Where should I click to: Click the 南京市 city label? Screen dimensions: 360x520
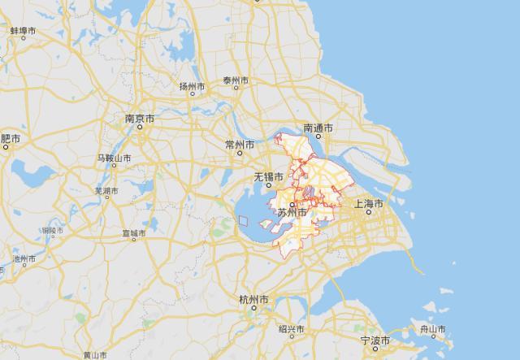click(x=140, y=119)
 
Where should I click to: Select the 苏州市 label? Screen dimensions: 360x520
click(x=292, y=213)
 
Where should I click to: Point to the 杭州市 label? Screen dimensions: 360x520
click(x=253, y=300)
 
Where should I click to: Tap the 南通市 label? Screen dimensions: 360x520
click(x=318, y=128)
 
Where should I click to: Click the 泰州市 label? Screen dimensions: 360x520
click(x=236, y=81)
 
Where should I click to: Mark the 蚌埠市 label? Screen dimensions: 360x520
click(x=24, y=31)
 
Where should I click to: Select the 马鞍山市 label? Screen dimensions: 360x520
click(x=115, y=157)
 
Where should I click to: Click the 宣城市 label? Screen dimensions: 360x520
click(x=132, y=234)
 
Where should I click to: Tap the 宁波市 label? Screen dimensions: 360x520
click(x=375, y=340)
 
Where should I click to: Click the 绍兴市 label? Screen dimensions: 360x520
click(x=291, y=329)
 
